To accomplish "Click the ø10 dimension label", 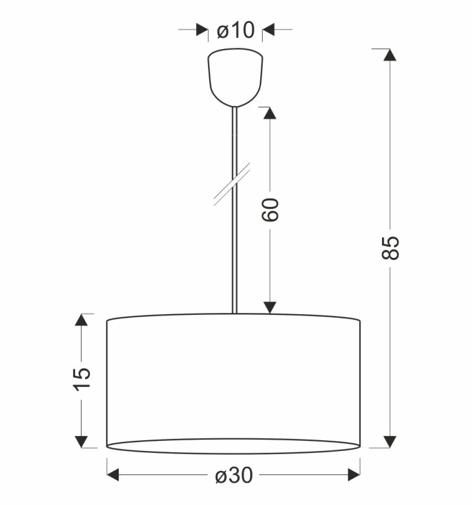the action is coord(236,30).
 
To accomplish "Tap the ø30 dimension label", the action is coord(234,475).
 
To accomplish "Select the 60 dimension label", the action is coord(270,210).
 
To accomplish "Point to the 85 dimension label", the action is coord(390,248).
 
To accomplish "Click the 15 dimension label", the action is coord(82,379).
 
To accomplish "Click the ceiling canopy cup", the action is coord(235,78).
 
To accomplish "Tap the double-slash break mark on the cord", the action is coord(232,184).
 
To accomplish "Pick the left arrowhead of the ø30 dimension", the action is coord(113,475).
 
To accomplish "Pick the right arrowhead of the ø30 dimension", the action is coord(354,475).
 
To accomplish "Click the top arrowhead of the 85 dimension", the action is coord(390,55).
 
